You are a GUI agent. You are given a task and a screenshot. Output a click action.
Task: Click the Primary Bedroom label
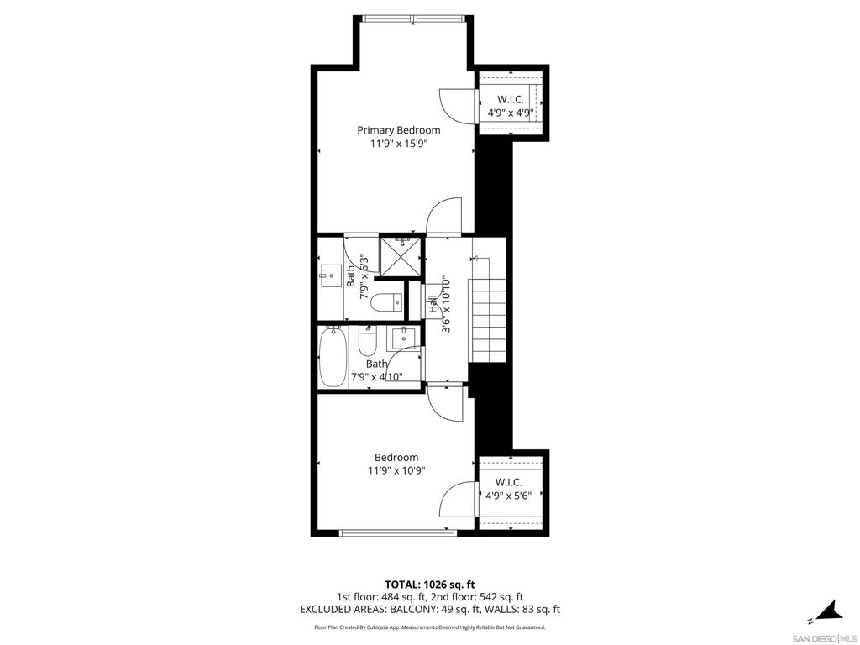[x=399, y=130]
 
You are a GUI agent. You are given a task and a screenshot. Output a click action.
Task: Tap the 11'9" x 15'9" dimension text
[x=399, y=144]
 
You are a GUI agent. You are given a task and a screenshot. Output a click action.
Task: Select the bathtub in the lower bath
[x=333, y=356]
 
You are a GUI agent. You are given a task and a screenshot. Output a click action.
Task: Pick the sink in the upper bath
[x=331, y=275]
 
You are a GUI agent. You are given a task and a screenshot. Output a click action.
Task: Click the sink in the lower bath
[x=404, y=338]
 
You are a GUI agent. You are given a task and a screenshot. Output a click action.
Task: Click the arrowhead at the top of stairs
[x=475, y=259]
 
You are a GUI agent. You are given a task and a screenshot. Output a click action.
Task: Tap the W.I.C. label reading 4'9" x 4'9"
[x=511, y=107]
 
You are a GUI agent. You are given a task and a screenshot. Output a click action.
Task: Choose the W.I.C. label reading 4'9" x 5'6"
[x=508, y=490]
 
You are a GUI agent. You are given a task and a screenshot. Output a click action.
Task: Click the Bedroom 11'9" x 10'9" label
[x=396, y=464]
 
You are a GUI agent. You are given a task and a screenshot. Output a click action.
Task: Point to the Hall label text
[x=433, y=305]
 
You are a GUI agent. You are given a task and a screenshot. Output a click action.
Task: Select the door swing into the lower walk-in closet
[x=458, y=499]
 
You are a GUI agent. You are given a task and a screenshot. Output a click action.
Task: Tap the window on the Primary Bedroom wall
[x=414, y=18]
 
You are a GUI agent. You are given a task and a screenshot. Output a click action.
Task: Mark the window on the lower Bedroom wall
[x=397, y=532]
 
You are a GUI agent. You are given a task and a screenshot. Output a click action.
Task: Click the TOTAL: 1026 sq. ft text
[x=429, y=585]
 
